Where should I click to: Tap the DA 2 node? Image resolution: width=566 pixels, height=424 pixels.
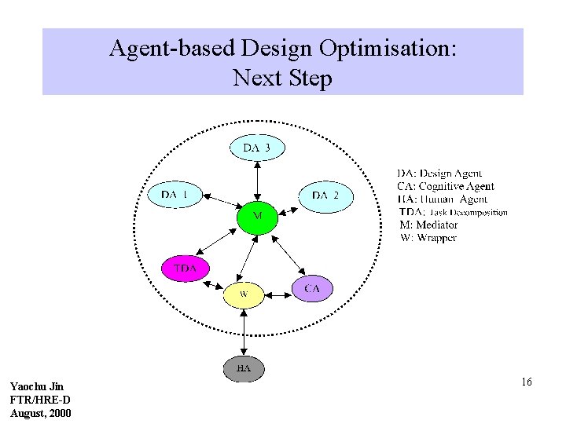coord(325,195)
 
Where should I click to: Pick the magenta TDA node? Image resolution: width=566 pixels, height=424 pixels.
coord(186,269)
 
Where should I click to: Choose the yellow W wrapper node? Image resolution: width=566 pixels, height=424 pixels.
coord(244,294)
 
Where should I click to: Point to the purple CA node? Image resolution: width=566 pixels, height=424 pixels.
coord(312,288)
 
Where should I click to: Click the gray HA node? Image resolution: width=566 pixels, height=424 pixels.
coord(244,367)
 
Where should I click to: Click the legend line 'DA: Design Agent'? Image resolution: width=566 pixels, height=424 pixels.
coord(439,173)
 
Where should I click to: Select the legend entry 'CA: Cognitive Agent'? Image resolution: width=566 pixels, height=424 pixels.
coord(446,186)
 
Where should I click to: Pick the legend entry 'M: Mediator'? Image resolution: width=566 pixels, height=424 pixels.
coord(428,225)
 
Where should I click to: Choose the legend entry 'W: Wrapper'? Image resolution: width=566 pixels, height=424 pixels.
coord(428,238)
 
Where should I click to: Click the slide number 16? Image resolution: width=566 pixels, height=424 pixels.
coord(526,382)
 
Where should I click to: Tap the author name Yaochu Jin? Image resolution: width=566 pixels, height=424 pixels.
coord(36,386)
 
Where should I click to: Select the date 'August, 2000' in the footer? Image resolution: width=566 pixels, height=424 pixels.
coord(40,412)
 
